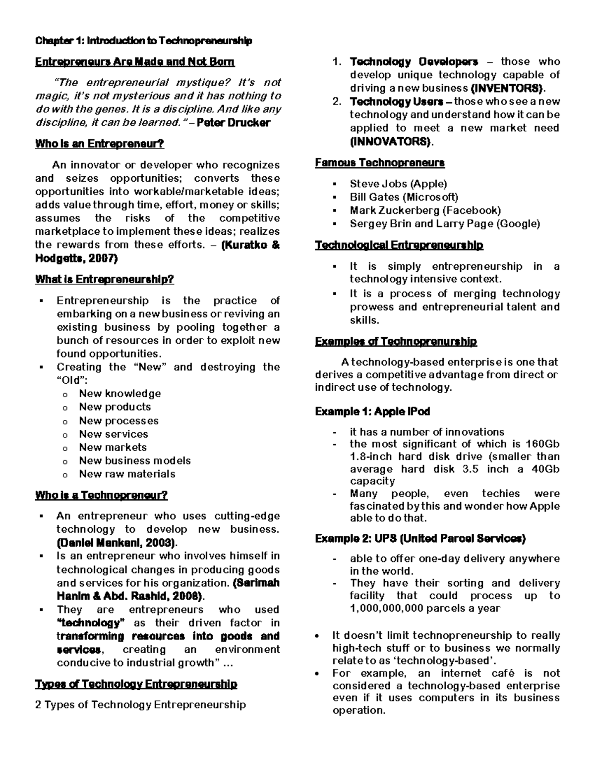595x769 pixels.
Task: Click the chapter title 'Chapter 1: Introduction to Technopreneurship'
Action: coord(143,41)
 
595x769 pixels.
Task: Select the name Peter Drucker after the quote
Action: coord(234,123)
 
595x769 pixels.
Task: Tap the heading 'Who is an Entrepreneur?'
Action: coord(99,144)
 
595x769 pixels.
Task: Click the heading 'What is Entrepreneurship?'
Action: coord(105,280)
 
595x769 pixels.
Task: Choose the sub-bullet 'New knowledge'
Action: coord(120,394)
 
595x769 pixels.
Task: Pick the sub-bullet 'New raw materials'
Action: coord(127,474)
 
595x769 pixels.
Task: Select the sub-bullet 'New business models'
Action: coord(135,461)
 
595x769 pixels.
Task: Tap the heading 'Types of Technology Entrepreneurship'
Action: coord(136,684)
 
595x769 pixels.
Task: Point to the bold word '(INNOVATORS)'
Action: coord(391,142)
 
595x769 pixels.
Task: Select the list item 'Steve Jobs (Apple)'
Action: coord(398,184)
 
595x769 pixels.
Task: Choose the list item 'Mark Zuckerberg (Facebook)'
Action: coord(425,210)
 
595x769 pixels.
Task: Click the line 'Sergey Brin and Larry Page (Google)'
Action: coord(444,223)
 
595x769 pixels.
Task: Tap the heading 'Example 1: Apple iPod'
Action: coord(372,411)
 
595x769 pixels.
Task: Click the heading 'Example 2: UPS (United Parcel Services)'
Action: coord(420,538)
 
